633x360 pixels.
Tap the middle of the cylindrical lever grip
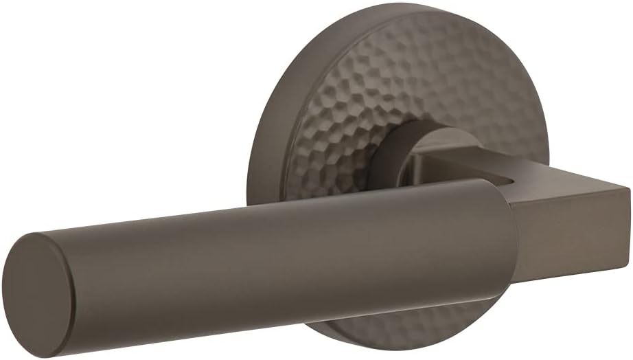(275, 254)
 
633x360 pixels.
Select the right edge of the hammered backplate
(546, 137)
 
